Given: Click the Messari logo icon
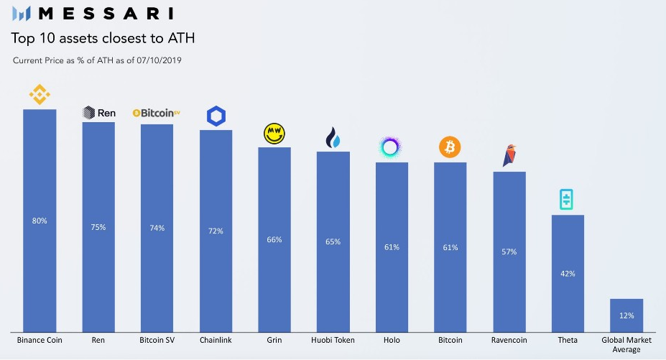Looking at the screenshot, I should click(x=22, y=13).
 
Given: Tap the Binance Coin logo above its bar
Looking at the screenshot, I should click(x=40, y=94).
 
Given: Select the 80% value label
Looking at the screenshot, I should click(x=40, y=221).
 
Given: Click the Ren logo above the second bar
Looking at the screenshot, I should click(x=98, y=112).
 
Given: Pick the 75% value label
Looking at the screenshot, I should click(x=98, y=227).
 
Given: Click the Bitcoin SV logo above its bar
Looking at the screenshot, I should click(x=157, y=113).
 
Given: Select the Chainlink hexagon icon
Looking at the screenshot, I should click(x=216, y=116).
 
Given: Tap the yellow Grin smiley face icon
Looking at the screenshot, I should click(x=274, y=133).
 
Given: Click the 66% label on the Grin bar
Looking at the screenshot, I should click(x=274, y=239).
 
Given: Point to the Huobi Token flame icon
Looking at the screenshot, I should click(x=333, y=137).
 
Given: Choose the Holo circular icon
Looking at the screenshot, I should click(x=391, y=148).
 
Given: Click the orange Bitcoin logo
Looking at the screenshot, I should click(x=450, y=148).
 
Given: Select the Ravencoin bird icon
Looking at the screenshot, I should click(x=509, y=155).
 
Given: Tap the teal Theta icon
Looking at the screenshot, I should click(x=568, y=200).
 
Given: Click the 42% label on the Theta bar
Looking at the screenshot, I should click(x=568, y=274).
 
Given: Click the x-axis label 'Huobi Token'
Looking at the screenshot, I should click(x=333, y=339).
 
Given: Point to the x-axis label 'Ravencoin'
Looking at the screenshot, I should click(x=509, y=339).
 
